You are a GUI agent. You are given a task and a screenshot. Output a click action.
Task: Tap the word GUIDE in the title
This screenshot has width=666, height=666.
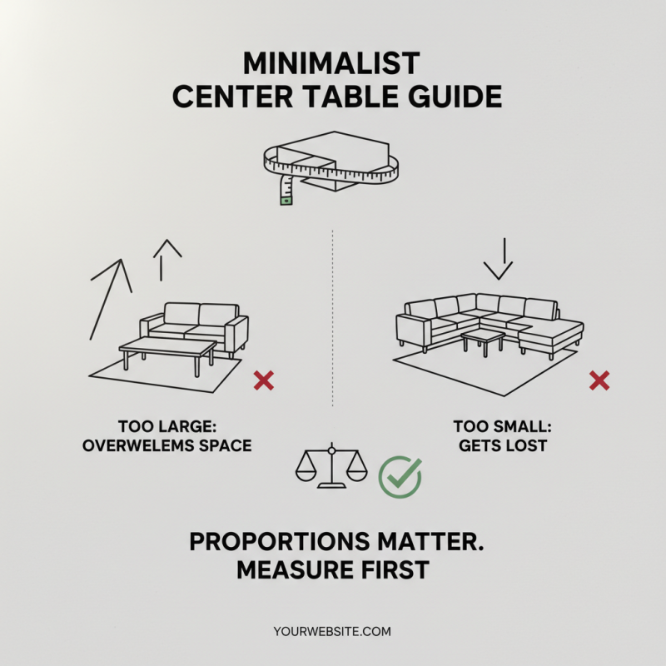[458, 97]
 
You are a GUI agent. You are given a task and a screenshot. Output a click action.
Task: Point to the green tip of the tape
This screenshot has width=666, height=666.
[286, 200]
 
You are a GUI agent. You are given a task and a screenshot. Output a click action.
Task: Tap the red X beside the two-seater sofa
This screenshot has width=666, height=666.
[264, 381]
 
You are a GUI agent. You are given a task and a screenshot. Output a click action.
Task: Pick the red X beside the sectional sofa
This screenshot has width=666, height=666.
[599, 381]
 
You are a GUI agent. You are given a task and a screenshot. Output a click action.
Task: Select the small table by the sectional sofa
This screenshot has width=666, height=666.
[483, 338]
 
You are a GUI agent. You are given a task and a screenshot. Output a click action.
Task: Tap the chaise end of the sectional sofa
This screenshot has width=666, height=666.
[549, 333]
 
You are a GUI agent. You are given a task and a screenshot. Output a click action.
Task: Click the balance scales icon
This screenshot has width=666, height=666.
[331, 466]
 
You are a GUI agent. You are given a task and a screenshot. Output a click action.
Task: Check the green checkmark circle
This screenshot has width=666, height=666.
[400, 476]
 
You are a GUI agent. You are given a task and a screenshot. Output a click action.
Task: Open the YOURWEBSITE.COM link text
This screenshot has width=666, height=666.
[331, 632]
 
